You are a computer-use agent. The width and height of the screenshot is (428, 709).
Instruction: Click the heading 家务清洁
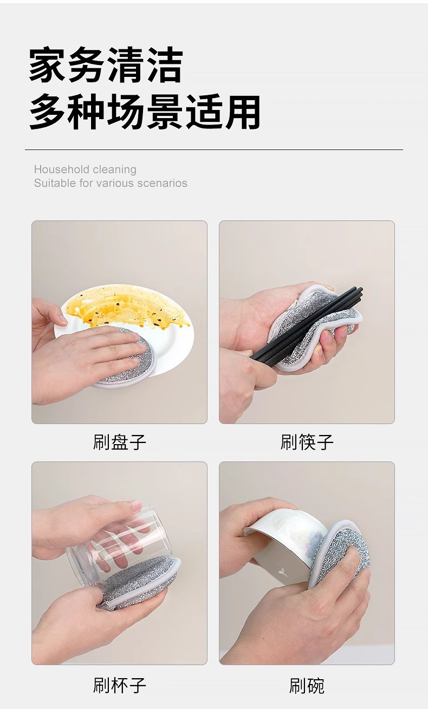tap(106, 65)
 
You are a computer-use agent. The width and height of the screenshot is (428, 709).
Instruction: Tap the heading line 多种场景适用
tap(145, 112)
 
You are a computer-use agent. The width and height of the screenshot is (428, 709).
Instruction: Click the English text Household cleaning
tap(85, 170)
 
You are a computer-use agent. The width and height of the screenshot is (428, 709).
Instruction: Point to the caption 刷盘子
tap(119, 442)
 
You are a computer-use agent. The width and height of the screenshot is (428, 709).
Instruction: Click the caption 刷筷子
tap(307, 442)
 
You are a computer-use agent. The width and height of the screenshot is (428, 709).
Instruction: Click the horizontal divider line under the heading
tap(214, 149)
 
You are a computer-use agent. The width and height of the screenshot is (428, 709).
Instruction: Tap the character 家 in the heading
tap(48, 65)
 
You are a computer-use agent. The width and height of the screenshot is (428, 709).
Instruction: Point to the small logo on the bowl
tap(282, 571)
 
